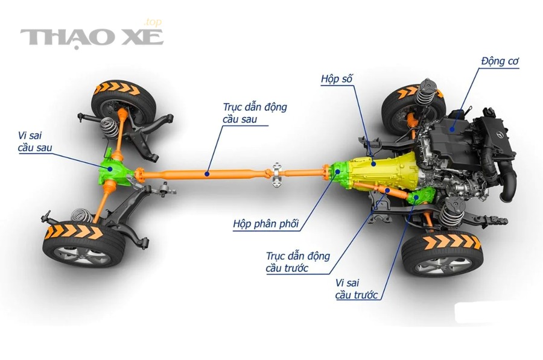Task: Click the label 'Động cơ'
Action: (x=500, y=61)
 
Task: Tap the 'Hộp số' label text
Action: (x=336, y=79)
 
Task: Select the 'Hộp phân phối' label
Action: (x=265, y=224)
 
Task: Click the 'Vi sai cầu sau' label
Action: (x=35, y=142)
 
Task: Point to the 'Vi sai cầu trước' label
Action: (x=356, y=289)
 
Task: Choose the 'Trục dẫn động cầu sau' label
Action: (x=255, y=113)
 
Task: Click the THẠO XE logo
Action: (x=92, y=37)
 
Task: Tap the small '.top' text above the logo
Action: (x=153, y=23)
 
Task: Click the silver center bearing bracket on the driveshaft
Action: (x=276, y=175)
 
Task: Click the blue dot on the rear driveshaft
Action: (x=207, y=174)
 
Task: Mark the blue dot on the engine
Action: (x=451, y=129)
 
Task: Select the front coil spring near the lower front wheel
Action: (x=451, y=212)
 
